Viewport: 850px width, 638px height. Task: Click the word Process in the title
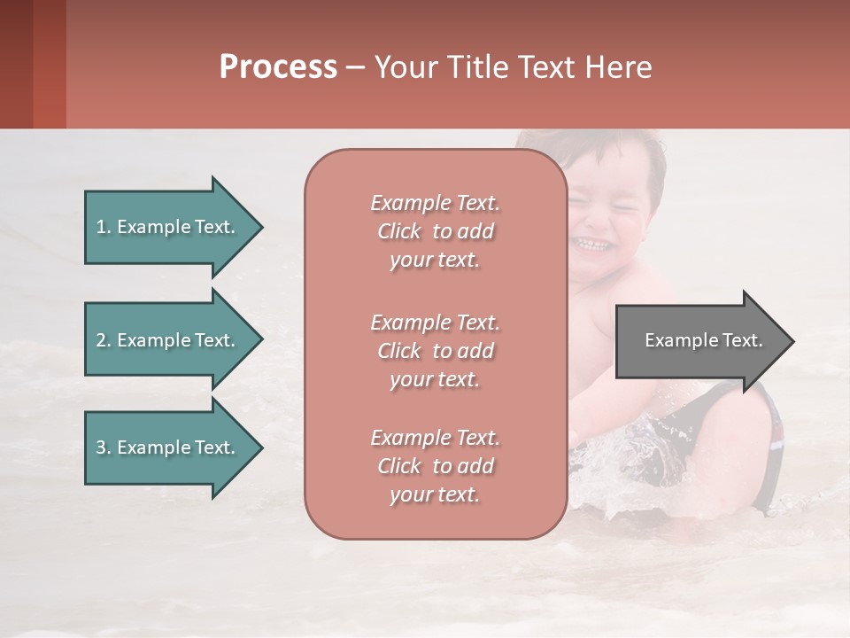pos(278,67)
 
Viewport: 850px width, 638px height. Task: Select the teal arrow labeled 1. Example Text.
pos(168,227)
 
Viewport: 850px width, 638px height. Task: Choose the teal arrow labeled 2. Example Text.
pos(168,340)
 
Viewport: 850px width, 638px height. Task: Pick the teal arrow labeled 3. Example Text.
pos(168,447)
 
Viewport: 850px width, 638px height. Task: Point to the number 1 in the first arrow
pos(101,227)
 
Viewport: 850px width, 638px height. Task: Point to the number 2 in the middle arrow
pos(101,340)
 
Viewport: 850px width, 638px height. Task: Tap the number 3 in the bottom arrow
pos(101,447)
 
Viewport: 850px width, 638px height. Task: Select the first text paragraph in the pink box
pos(435,231)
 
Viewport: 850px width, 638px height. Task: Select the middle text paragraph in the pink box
pos(435,351)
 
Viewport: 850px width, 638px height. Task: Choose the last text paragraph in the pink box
pos(435,466)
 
